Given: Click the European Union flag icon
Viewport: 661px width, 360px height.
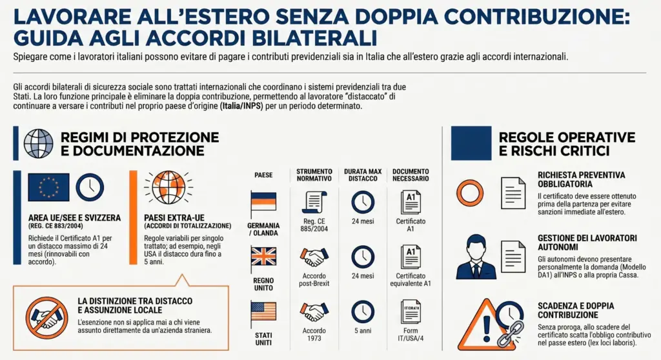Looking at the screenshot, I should click(x=48, y=187).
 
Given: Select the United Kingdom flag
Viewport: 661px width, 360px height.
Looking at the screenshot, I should click(x=263, y=257).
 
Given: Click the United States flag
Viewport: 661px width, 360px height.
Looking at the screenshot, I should click(x=263, y=312).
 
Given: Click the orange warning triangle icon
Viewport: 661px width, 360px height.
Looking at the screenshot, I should click(x=488, y=323).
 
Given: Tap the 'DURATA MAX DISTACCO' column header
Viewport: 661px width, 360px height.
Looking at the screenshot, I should click(x=363, y=175).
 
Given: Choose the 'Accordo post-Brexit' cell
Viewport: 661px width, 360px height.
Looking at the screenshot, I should click(x=314, y=280).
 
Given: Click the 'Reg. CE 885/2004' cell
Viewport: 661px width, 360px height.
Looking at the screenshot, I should click(x=314, y=225).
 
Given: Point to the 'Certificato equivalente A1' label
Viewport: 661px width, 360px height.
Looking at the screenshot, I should click(x=411, y=280).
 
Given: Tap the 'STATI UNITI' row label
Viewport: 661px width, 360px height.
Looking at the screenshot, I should click(x=263, y=339).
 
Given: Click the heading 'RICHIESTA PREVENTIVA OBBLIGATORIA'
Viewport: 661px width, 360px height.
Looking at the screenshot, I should click(x=581, y=179).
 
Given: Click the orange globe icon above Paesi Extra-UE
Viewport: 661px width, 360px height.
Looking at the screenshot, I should click(x=168, y=187).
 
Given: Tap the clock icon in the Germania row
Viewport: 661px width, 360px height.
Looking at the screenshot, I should click(x=363, y=203).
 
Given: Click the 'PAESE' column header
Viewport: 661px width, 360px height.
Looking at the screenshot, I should click(x=263, y=175).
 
